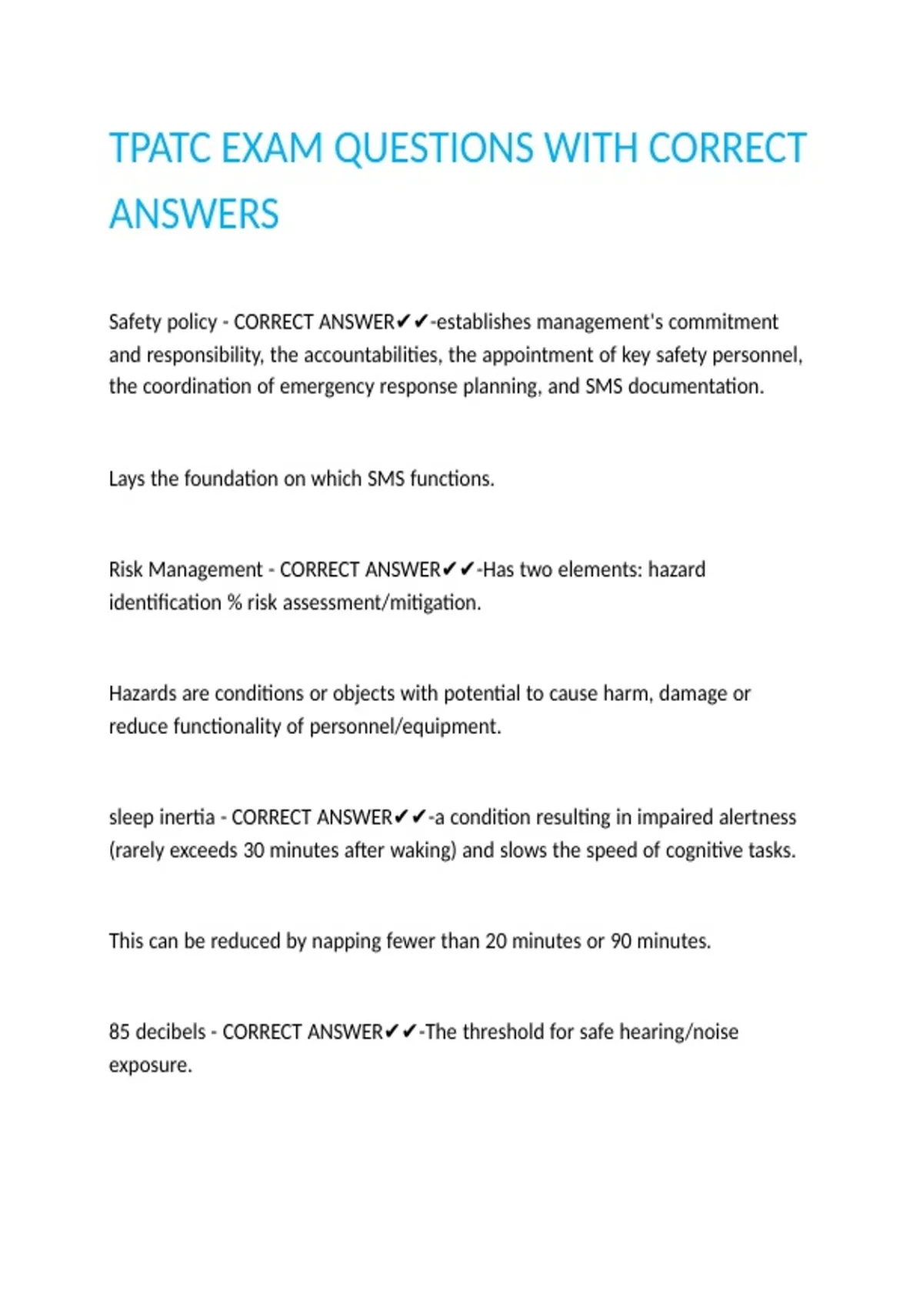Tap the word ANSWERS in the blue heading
tap(194, 215)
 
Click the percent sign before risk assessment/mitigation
tap(235, 602)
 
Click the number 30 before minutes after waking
tap(254, 850)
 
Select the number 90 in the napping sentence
tap(621, 941)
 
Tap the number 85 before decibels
tap(119, 1032)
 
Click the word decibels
tap(170, 1032)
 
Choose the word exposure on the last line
tap(150, 1066)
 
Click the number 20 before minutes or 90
tap(495, 941)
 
